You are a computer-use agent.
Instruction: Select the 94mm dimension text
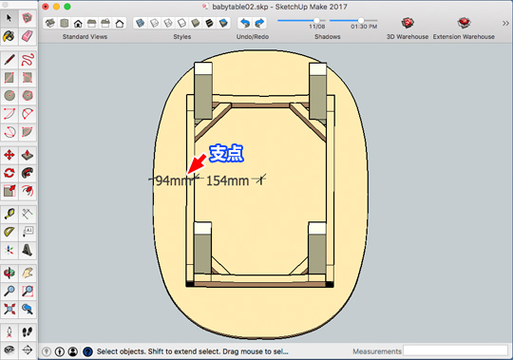pyautogui.click(x=172, y=180)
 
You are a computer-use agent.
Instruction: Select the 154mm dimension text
pyautogui.click(x=227, y=180)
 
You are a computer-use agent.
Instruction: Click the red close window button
pyautogui.click(x=49, y=7)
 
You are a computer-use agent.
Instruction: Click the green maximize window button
pyautogui.click(x=77, y=7)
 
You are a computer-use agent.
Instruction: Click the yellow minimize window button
pyautogui.click(x=63, y=7)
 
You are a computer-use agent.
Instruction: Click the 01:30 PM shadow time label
pyautogui.click(x=364, y=27)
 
